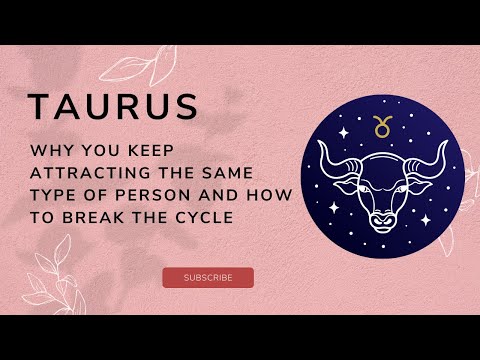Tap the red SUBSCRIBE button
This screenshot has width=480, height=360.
pyautogui.click(x=208, y=277)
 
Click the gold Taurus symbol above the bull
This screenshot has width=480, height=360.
pyautogui.click(x=380, y=126)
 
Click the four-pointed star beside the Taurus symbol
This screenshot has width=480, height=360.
pyautogui.click(x=346, y=132)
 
